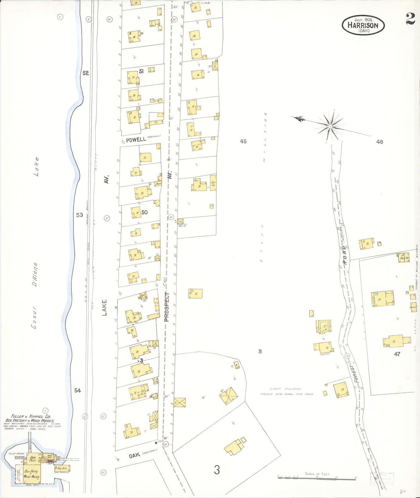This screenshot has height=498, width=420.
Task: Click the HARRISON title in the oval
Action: point(363,25)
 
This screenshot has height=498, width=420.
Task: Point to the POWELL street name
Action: point(136,139)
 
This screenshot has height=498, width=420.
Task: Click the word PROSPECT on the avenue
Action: point(167,307)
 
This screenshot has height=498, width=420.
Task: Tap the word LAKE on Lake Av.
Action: point(104,307)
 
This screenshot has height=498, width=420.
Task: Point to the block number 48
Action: point(379,142)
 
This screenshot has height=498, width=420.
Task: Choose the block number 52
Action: point(85,73)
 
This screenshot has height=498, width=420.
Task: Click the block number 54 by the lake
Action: point(77,390)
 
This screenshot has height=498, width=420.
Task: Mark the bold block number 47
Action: point(397,354)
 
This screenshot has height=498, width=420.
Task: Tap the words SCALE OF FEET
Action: point(317,474)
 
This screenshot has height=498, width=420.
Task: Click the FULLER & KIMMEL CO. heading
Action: point(31,416)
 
